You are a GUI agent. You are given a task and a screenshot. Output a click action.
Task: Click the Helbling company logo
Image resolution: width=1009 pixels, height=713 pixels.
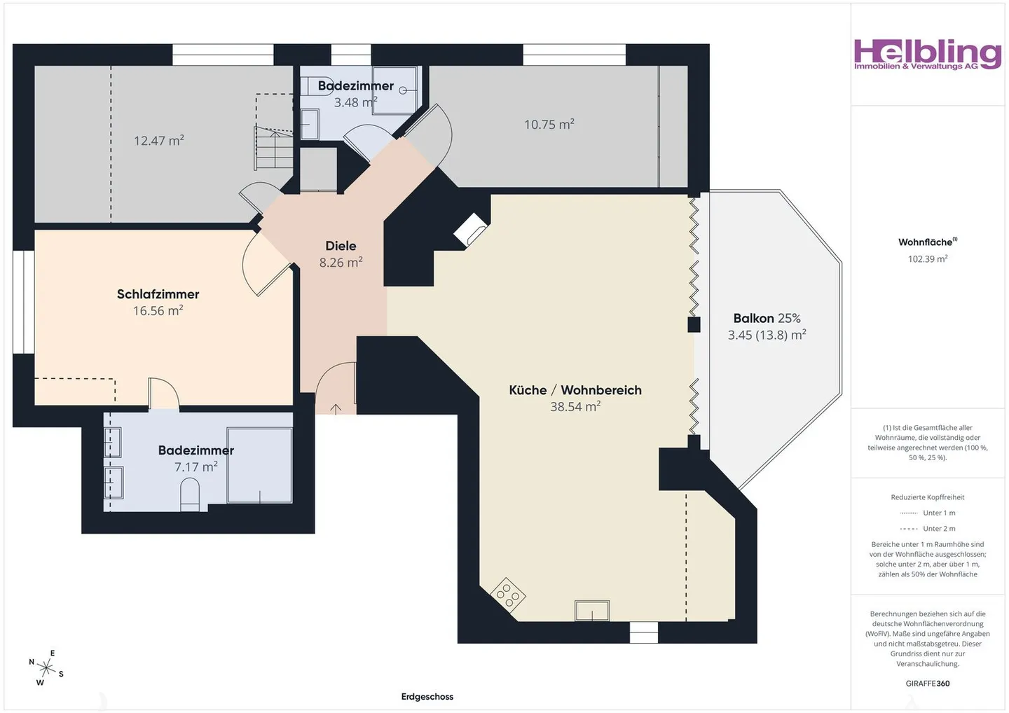pos(927,55)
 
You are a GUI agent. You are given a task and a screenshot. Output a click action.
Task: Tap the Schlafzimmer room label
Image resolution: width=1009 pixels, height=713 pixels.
pos(158,294)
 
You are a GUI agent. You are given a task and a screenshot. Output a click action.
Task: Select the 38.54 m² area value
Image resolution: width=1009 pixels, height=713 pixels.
pos(575,407)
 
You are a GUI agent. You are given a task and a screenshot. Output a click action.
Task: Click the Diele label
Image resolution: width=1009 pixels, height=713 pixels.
pos(341,246)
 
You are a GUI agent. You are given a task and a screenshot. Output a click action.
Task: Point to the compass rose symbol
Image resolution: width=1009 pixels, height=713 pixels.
pos(46,668)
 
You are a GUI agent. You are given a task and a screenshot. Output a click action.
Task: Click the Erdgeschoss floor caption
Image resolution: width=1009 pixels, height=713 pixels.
pos(427,696)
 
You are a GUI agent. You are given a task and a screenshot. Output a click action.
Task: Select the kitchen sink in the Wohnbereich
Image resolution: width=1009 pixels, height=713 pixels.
pos(592,611)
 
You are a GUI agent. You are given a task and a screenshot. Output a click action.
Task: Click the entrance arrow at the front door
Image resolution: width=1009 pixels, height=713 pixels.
pos(336,408)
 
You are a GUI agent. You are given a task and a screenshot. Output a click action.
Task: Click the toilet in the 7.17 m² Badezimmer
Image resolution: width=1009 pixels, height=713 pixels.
pos(189,494)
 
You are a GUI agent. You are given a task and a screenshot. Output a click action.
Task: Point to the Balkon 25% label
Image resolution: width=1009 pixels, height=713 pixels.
pos(767,319)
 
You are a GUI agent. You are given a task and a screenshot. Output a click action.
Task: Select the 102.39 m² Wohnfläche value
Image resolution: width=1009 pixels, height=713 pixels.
pos(927,259)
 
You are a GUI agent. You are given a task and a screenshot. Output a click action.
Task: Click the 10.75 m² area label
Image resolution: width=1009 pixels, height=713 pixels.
pos(549,125)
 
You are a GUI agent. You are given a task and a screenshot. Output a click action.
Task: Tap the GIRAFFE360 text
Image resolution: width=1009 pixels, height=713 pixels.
pos(927,684)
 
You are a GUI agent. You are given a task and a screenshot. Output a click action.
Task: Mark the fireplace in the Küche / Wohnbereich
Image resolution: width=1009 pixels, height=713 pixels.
pos(470,230)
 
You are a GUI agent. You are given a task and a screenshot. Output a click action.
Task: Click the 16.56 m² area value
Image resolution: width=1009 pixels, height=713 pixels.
pos(158,311)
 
